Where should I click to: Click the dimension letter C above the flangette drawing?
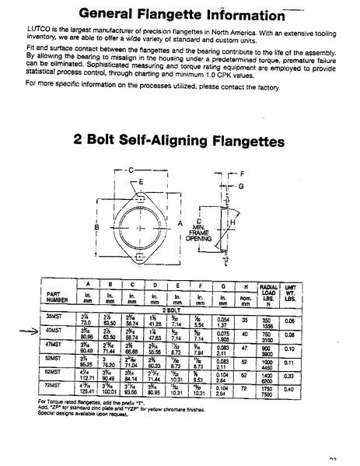[x=132, y=170]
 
